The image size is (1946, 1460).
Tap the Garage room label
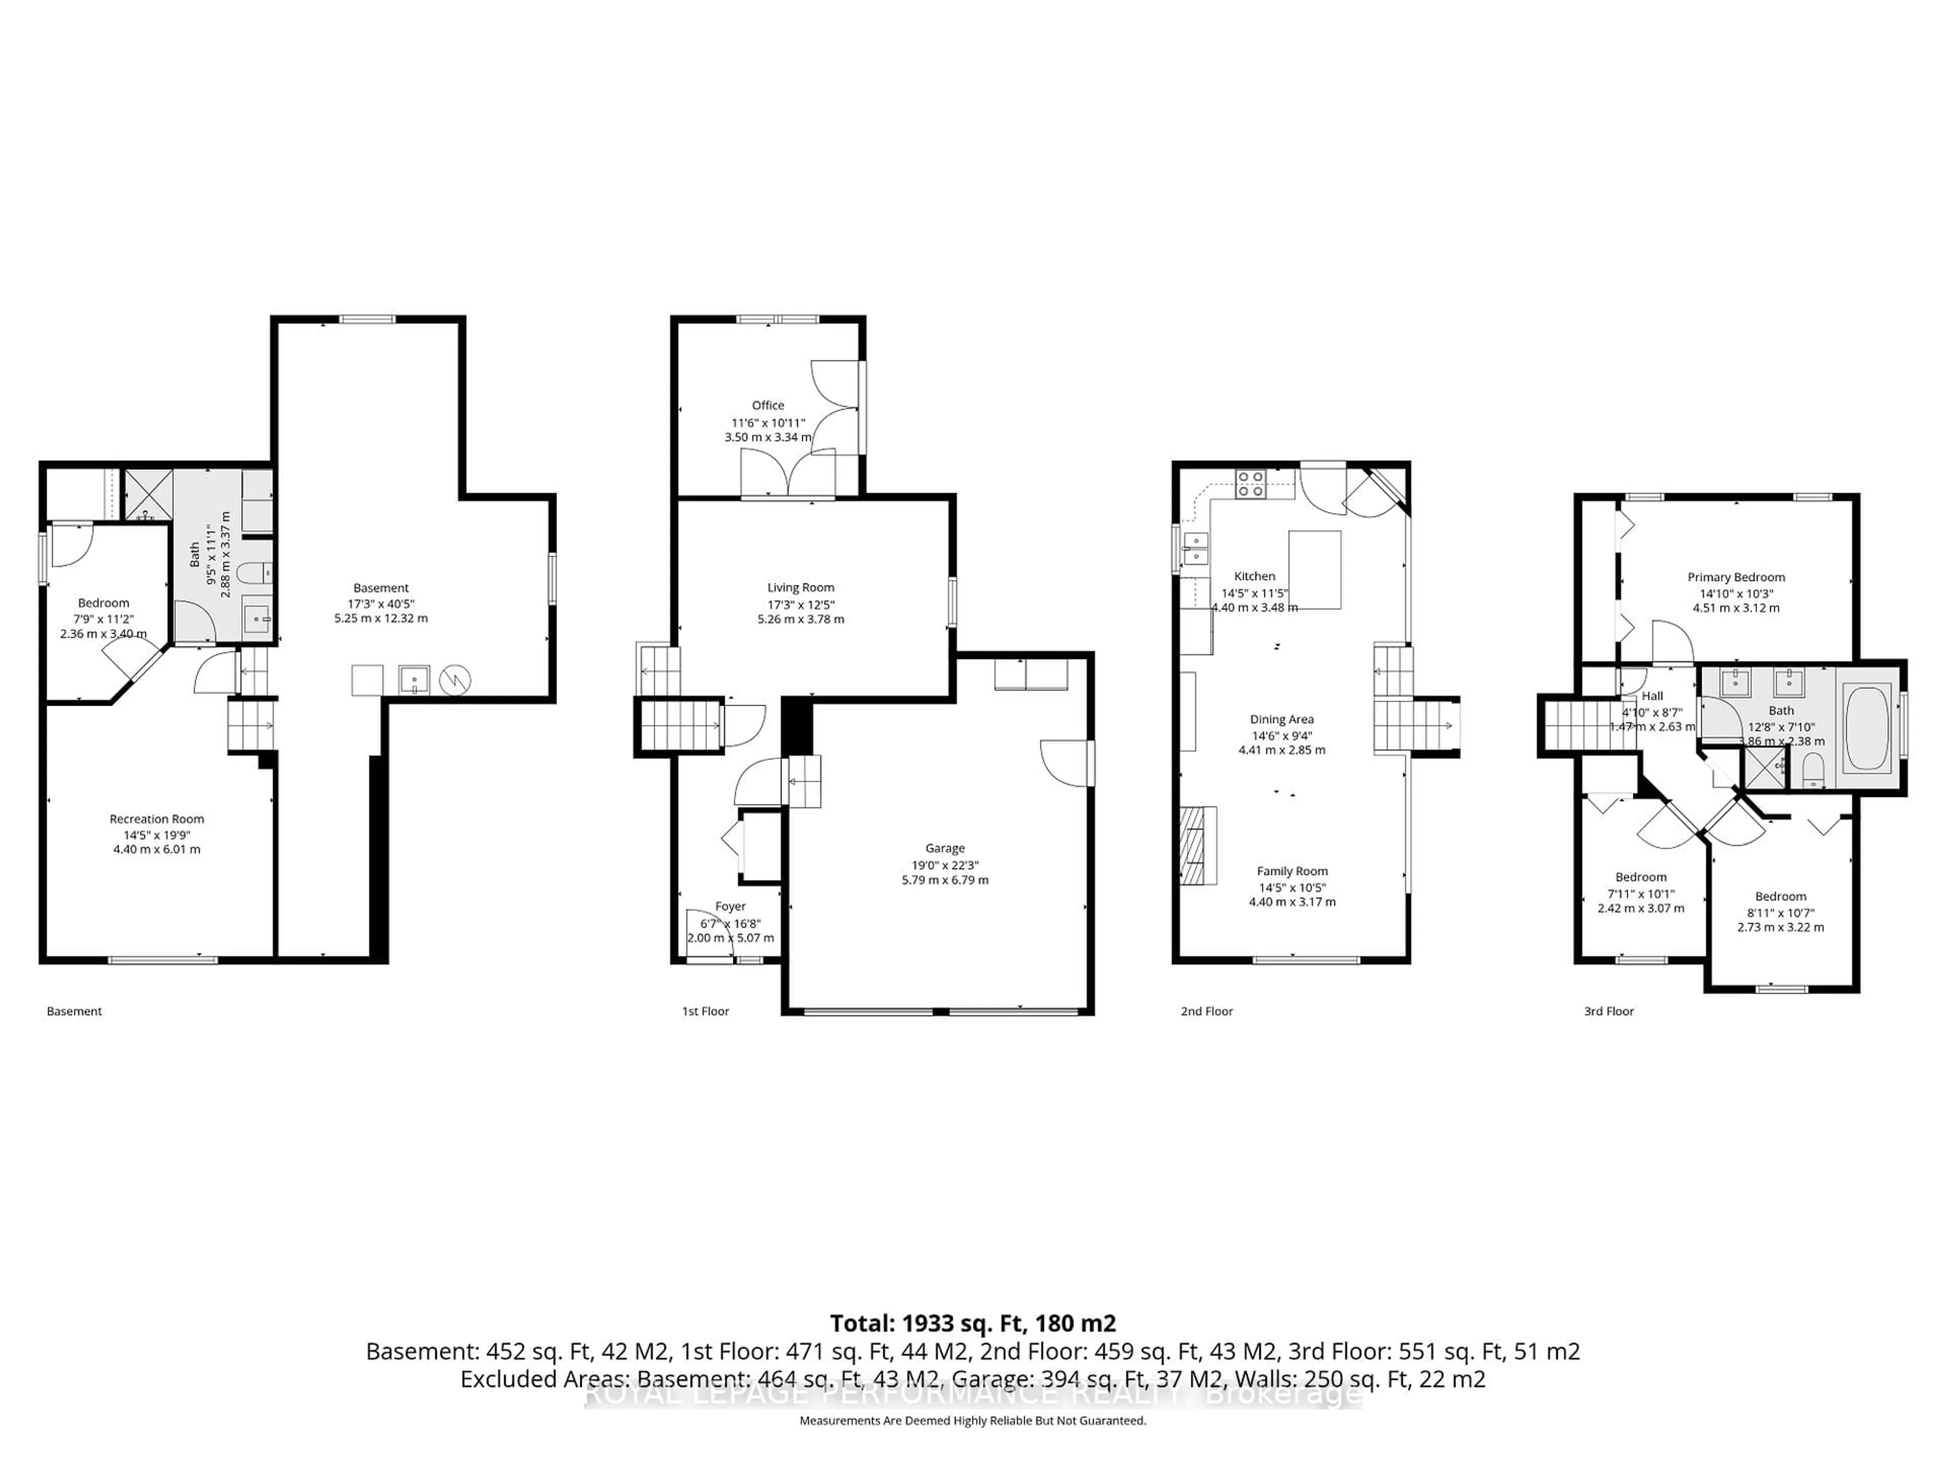click(945, 848)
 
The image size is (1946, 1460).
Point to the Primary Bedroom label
click(1736, 577)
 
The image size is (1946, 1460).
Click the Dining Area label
click(1282, 719)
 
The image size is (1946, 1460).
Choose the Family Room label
click(1292, 871)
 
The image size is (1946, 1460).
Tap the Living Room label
click(801, 588)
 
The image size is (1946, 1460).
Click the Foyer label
click(730, 906)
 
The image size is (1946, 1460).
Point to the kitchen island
click(1315, 569)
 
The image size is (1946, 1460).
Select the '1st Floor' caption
click(705, 1011)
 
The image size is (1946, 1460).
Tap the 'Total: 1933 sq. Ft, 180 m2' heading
click(973, 1324)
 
